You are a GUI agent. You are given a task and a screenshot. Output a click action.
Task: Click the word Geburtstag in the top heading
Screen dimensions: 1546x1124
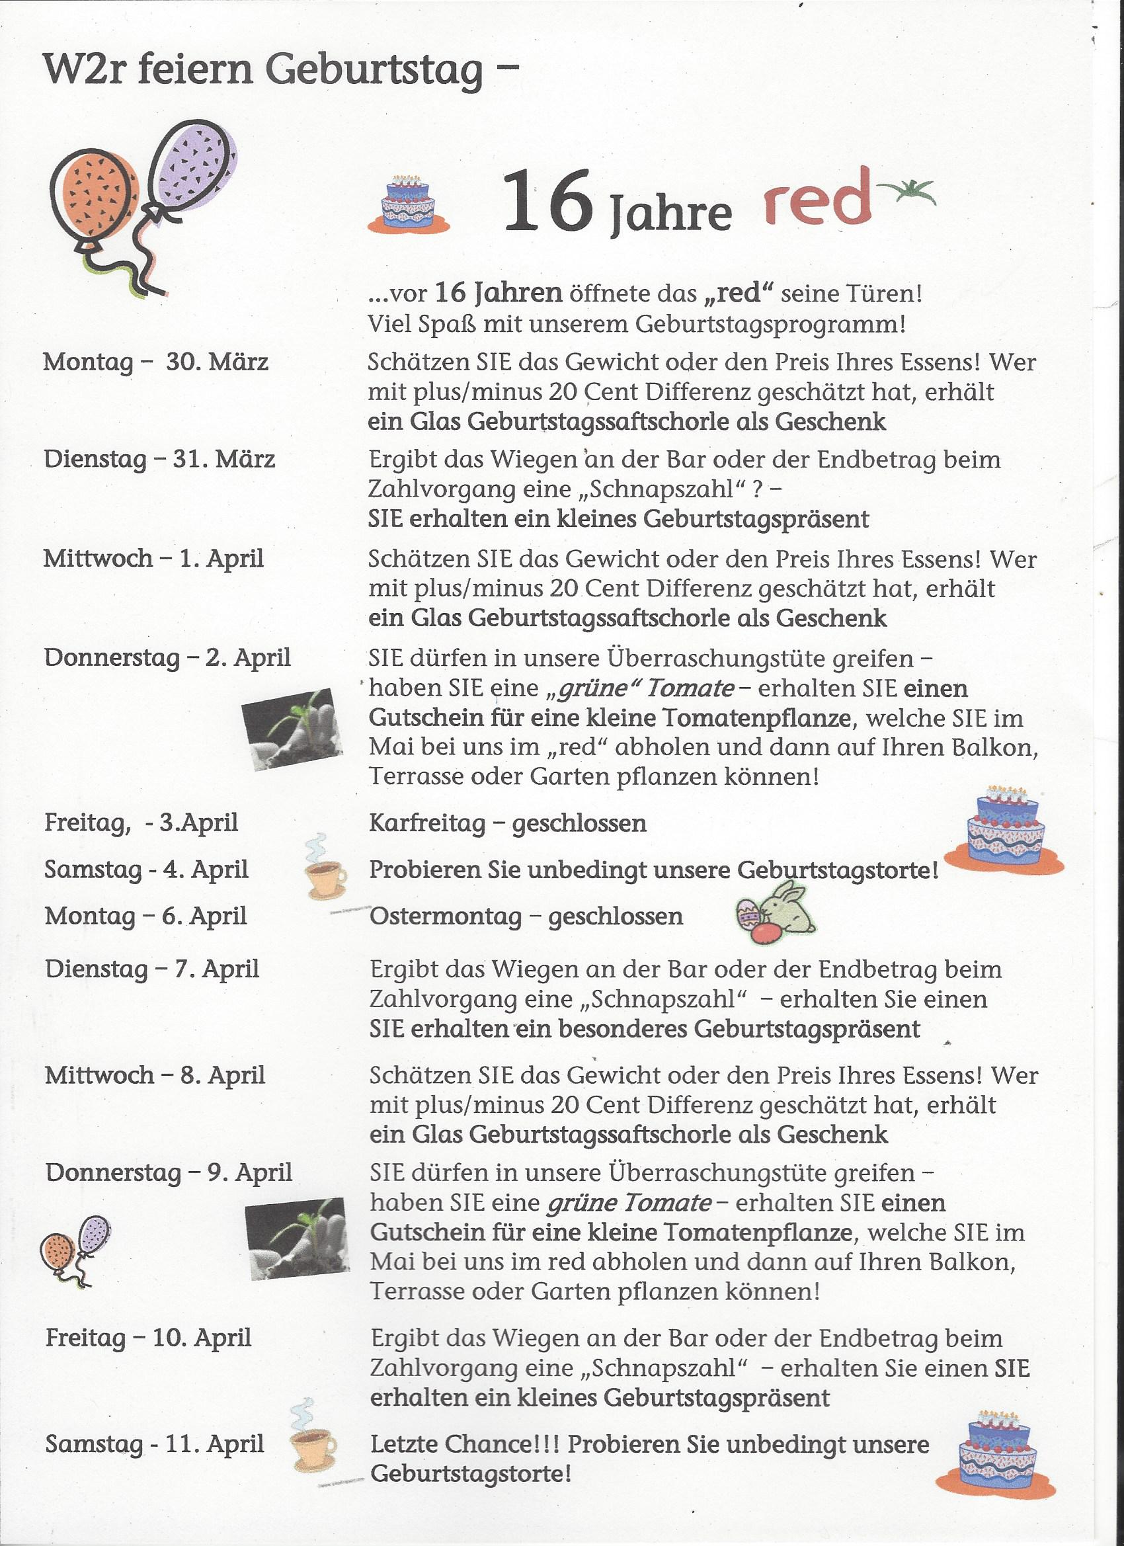(374, 70)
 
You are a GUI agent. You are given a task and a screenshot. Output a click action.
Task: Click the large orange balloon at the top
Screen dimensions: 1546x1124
(95, 196)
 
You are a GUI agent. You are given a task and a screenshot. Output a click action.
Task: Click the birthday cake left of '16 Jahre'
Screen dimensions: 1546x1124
(409, 204)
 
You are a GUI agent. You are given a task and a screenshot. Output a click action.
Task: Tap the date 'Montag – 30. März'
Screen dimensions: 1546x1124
(155, 361)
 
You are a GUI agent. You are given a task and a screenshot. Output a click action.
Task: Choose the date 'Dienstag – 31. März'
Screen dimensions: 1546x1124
(159, 459)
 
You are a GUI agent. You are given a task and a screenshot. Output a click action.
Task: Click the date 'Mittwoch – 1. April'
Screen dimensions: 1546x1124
(153, 558)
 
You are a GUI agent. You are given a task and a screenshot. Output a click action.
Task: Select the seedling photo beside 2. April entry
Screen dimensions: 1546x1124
(292, 729)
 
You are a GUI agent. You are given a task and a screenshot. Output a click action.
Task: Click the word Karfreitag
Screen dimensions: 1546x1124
(427, 823)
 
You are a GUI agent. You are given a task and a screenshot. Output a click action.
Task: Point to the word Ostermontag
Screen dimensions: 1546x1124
(446, 916)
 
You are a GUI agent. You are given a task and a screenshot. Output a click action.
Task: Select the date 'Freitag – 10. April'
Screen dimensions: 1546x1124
(149, 1338)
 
